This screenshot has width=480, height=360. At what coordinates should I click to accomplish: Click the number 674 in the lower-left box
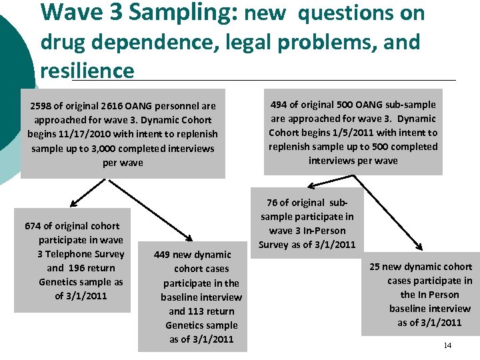[33, 226]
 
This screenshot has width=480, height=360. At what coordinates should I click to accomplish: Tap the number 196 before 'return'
[77, 268]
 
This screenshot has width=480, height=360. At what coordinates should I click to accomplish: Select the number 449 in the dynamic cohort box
[164, 255]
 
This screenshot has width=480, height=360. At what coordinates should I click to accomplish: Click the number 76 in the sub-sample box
[273, 203]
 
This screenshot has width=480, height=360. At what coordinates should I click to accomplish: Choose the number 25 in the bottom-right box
[375, 267]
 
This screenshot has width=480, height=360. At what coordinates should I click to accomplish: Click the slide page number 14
[447, 345]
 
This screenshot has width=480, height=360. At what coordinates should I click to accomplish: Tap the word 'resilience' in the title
[87, 71]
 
